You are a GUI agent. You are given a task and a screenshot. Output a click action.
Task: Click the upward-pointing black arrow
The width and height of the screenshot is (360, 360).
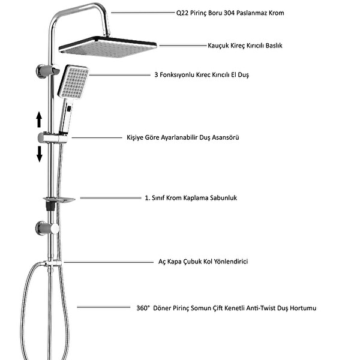(x=39, y=119)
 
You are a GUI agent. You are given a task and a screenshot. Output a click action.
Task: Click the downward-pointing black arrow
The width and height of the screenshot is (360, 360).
(x=40, y=154)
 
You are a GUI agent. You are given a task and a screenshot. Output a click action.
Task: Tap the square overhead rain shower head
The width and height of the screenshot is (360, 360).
(x=107, y=47)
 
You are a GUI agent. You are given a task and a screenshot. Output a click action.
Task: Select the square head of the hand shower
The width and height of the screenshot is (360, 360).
(x=73, y=82)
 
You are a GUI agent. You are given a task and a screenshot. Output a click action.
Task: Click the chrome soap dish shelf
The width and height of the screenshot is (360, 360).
(x=59, y=200)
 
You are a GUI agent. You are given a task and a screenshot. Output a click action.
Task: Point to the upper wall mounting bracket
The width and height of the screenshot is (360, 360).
(x=47, y=71)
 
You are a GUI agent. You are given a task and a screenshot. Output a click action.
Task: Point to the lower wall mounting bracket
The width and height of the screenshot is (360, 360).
(x=47, y=228)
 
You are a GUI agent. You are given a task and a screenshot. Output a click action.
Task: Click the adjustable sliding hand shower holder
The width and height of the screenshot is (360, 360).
(x=53, y=138)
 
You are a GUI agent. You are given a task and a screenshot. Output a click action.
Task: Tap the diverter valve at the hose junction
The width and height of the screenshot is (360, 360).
(x=53, y=263)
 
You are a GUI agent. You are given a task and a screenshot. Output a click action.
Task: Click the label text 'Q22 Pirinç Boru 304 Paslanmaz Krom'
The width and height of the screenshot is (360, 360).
(x=230, y=13)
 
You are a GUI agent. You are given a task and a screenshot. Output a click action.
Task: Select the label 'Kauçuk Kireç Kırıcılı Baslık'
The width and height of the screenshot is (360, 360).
(x=245, y=46)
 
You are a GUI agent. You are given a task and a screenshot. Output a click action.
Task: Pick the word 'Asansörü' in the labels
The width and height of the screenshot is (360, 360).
(x=226, y=137)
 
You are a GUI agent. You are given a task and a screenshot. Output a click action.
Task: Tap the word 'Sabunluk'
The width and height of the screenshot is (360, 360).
(x=223, y=198)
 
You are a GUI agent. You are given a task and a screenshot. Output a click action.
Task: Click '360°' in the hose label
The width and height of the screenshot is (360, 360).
(x=143, y=308)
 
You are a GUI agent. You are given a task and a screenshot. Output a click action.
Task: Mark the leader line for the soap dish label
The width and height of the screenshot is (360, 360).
(x=110, y=197)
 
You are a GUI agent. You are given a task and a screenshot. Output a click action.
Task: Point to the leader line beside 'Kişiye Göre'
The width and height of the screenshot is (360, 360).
(x=97, y=137)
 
